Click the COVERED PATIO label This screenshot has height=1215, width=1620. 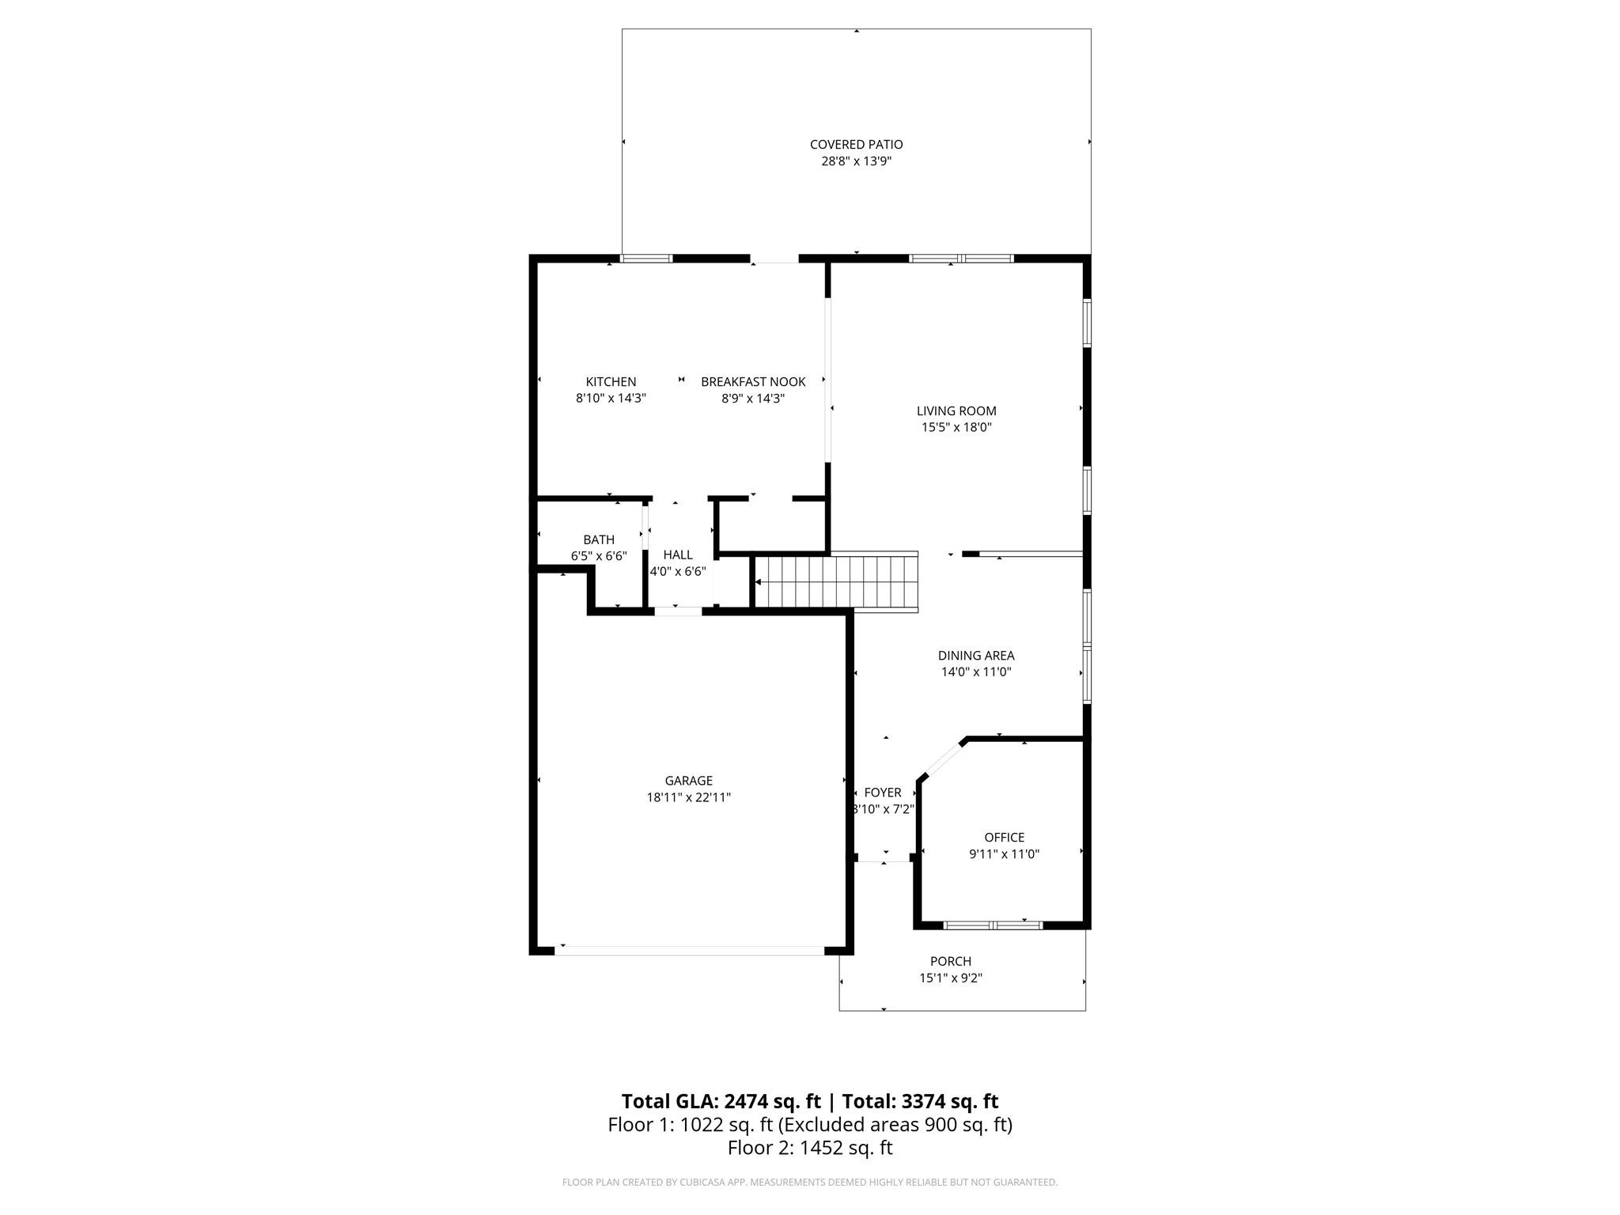pyautogui.click(x=856, y=145)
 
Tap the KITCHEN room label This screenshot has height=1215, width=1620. pyautogui.click(x=611, y=382)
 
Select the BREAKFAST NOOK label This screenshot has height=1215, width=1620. pyautogui.click(x=753, y=382)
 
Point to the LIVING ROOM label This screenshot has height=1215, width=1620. pyautogui.click(x=956, y=411)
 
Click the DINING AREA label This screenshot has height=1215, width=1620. pyautogui.click(x=976, y=656)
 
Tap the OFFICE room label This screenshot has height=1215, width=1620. pyautogui.click(x=1004, y=838)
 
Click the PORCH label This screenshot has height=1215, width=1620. pyautogui.click(x=950, y=962)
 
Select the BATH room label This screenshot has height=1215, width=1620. pyautogui.click(x=599, y=540)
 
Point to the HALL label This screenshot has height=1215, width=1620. pyautogui.click(x=678, y=555)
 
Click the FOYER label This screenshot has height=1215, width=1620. pyautogui.click(x=883, y=793)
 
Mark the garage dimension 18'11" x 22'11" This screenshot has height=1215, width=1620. pyautogui.click(x=688, y=797)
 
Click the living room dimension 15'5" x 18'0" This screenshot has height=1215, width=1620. pyautogui.click(x=956, y=427)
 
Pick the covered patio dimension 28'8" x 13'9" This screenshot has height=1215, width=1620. pyautogui.click(x=856, y=161)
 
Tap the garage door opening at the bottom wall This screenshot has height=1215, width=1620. pyautogui.click(x=690, y=951)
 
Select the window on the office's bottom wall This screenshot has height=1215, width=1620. pyautogui.click(x=994, y=925)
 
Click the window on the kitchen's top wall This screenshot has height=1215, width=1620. pyautogui.click(x=646, y=259)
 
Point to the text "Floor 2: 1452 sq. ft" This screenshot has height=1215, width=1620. pyautogui.click(x=810, y=1148)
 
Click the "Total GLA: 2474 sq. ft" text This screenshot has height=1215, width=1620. pyautogui.click(x=721, y=1102)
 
